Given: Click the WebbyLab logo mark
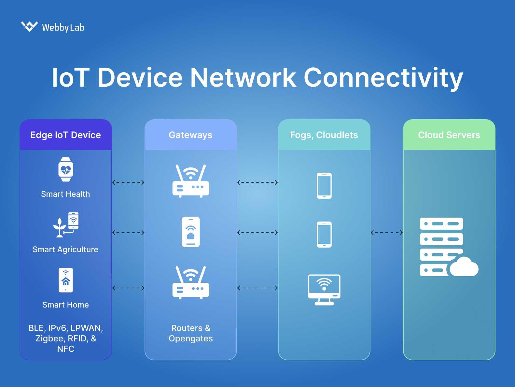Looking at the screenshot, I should [29, 26].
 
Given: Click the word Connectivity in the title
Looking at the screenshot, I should [383, 78].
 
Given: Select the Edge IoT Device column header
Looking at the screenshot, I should [66, 135].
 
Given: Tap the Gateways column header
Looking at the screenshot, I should [190, 135].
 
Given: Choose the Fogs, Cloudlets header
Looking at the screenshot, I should [324, 135].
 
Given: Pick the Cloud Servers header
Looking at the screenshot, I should [449, 135].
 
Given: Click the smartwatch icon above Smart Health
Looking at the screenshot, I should [66, 169].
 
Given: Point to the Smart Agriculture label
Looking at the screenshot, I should [65, 250].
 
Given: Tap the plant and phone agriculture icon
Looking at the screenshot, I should [66, 225].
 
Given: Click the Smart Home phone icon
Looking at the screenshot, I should [66, 280].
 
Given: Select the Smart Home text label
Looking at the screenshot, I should [65, 305].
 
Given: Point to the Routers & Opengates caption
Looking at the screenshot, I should [191, 333].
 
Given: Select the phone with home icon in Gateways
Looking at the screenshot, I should [191, 232].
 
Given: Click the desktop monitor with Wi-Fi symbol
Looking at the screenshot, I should [324, 290].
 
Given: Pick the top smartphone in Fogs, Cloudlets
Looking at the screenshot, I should [324, 186].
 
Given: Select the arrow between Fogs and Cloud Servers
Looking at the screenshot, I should [387, 233].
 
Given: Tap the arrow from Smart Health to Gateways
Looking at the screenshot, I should [128, 182].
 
